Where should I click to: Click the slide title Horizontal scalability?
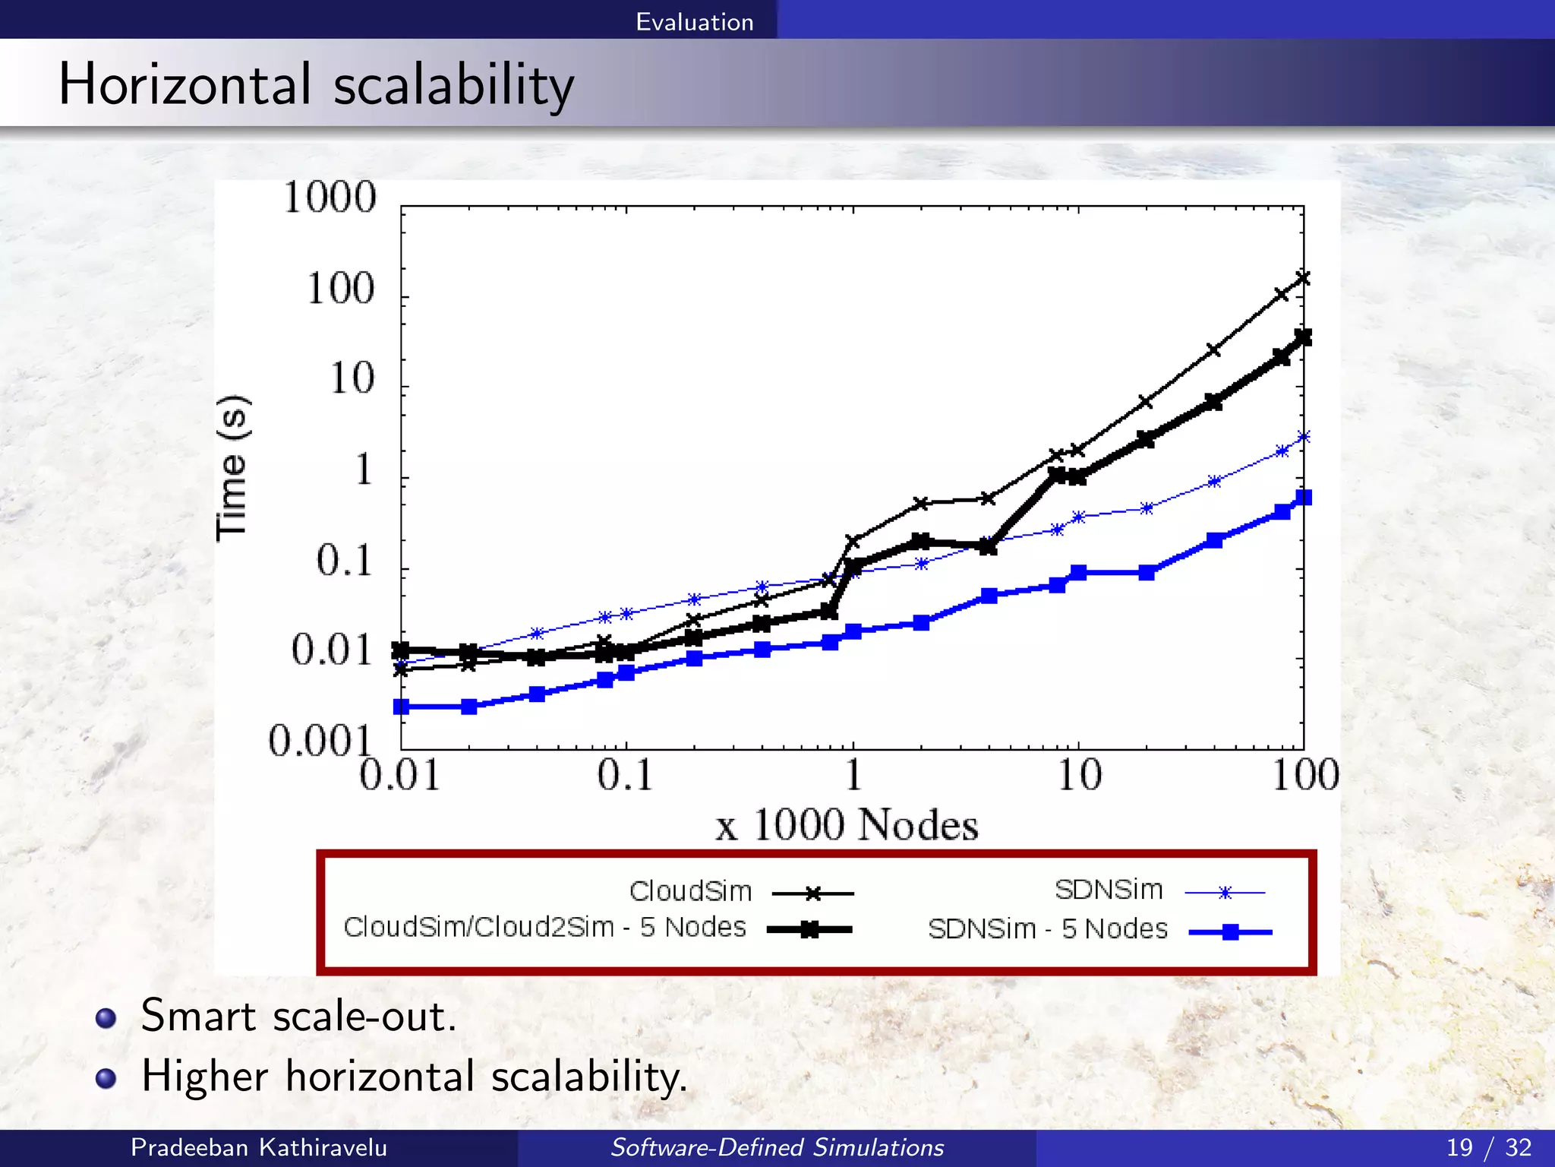click(316, 84)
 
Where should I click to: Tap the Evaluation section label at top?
click(694, 21)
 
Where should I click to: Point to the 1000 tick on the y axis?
click(330, 198)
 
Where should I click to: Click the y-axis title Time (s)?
click(232, 467)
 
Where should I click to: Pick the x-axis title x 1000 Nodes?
click(846, 825)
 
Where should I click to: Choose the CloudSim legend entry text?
click(690, 891)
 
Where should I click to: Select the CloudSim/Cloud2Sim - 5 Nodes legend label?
click(544, 928)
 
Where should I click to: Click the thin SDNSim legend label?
click(1109, 890)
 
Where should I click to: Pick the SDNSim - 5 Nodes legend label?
click(1047, 929)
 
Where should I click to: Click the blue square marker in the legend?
click(1230, 932)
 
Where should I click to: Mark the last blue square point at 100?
click(1304, 498)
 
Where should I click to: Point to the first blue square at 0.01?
click(402, 707)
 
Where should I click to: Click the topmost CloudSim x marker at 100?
click(1303, 278)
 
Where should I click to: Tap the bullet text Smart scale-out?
click(299, 1017)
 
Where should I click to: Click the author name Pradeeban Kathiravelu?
click(258, 1147)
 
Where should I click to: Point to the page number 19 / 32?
click(1488, 1147)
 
